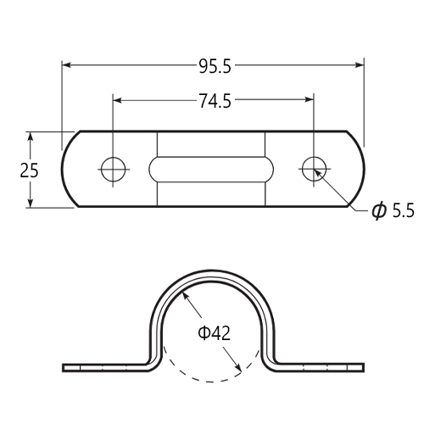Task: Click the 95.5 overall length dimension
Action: pyautogui.click(x=215, y=67)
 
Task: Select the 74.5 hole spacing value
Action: pyautogui.click(x=215, y=101)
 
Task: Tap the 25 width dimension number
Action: pyautogui.click(x=29, y=170)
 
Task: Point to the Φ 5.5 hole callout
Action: pyautogui.click(x=393, y=210)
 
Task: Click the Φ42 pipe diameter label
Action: pyautogui.click(x=214, y=333)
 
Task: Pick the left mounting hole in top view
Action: pyautogui.click(x=113, y=170)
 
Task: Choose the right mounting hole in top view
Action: pyautogui.click(x=314, y=170)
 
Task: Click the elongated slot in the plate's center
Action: pyautogui.click(x=211, y=170)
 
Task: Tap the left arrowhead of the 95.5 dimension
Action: pyautogui.click(x=66, y=65)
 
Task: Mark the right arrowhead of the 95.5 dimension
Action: pyautogui.click(x=360, y=65)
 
